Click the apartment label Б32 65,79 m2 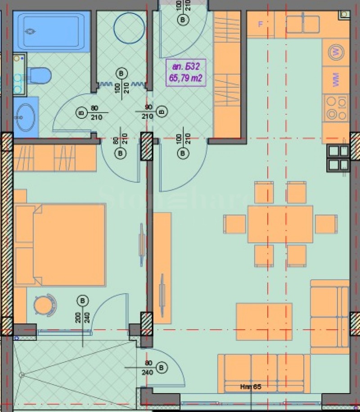click(186, 72)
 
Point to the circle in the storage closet click(130, 27)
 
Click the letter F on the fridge click(260, 24)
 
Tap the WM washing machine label click(336, 81)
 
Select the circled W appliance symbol click(336, 52)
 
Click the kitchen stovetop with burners click(336, 108)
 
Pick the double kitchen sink click(302, 24)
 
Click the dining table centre click(280, 224)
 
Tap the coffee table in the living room click(264, 321)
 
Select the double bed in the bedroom click(60, 245)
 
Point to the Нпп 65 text click(251, 386)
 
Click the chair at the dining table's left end click(235, 224)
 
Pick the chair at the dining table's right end click(325, 224)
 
